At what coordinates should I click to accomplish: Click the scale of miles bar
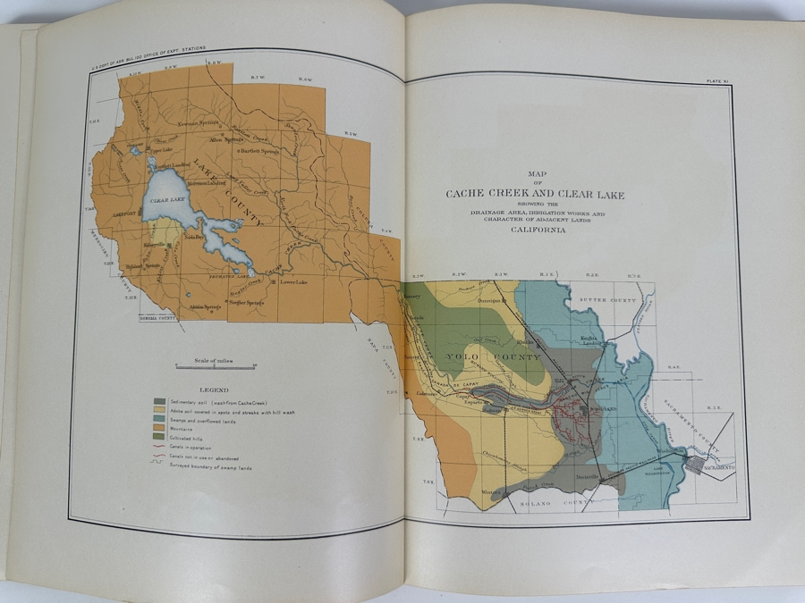click(216, 366)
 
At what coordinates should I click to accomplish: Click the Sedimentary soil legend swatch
click(159, 401)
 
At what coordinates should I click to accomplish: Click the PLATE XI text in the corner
click(717, 80)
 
